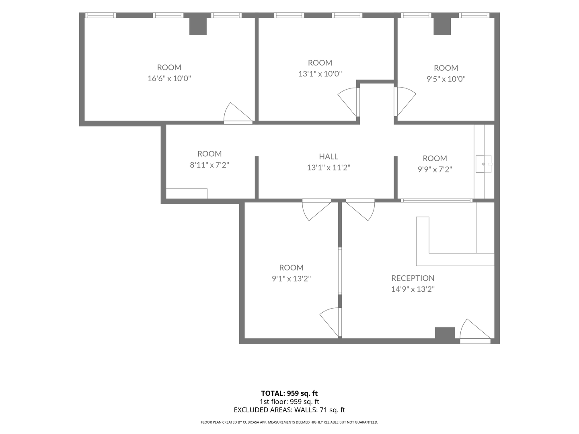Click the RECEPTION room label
pyautogui.click(x=413, y=278)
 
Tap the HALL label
pyautogui.click(x=329, y=157)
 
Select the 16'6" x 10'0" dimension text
pyautogui.click(x=169, y=78)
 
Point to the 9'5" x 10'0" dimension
pyautogui.click(x=446, y=79)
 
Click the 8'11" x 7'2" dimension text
pyautogui.click(x=209, y=165)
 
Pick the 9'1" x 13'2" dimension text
pyautogui.click(x=291, y=278)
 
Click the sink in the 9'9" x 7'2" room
pyautogui.click(x=484, y=164)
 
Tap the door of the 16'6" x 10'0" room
pyautogui.click(x=238, y=113)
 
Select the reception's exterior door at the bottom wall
pyautogui.click(x=475, y=331)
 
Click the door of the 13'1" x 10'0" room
pyautogui.click(x=349, y=102)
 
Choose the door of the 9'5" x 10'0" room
pyautogui.click(x=405, y=101)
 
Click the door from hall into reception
pyautogui.click(x=360, y=210)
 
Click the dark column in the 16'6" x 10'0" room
pyautogui.click(x=198, y=26)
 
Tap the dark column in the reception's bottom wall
pyautogui.click(x=445, y=333)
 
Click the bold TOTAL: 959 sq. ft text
pyautogui.click(x=289, y=393)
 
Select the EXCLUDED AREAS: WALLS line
pyautogui.click(x=289, y=410)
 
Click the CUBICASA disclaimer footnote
pyautogui.click(x=289, y=422)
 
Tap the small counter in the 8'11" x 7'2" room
pyautogui.click(x=187, y=193)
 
